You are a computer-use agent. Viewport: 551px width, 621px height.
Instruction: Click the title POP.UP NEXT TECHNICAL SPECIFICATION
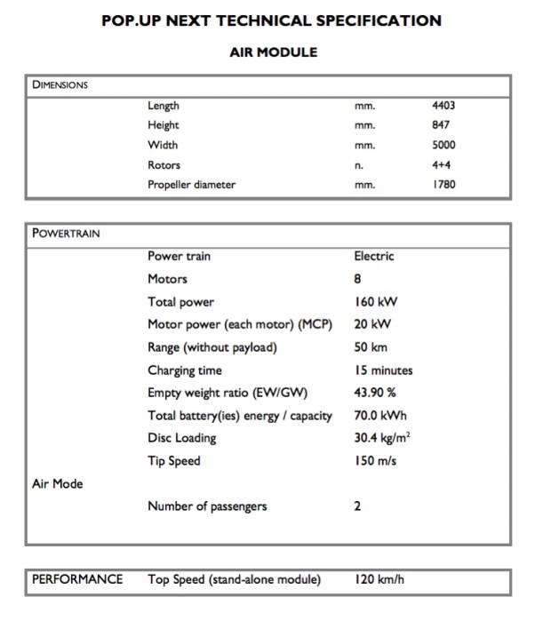(x=272, y=20)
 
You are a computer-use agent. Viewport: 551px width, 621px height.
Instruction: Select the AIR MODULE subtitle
(x=273, y=52)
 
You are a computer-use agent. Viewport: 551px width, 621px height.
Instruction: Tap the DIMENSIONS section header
(x=60, y=85)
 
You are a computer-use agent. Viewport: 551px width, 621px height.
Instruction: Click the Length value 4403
(x=443, y=106)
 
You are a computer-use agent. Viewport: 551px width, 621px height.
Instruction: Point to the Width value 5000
(x=443, y=145)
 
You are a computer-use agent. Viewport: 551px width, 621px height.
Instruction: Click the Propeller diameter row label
(x=191, y=185)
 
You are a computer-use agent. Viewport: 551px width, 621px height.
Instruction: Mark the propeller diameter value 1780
(x=443, y=185)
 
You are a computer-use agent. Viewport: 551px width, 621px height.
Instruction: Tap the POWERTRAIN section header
(x=66, y=235)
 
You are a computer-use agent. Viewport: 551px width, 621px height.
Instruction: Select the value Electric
(x=373, y=257)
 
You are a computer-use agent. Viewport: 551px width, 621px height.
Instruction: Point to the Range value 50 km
(x=371, y=347)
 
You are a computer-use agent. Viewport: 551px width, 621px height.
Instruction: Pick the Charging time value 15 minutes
(x=383, y=370)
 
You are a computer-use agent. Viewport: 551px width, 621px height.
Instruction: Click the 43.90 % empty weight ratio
(x=377, y=393)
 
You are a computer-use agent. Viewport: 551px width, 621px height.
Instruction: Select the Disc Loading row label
(x=181, y=438)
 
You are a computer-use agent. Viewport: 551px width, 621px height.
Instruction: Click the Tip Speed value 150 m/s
(x=375, y=461)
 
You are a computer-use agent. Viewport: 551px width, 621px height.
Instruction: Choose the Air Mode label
(x=57, y=484)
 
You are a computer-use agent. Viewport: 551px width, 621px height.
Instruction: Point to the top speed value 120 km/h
(x=379, y=580)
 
